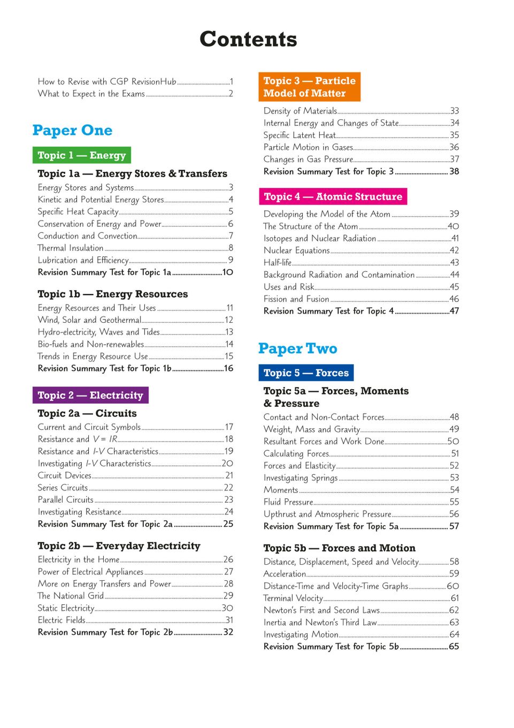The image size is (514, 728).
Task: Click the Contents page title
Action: point(248,40)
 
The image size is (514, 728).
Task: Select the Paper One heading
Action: point(72,130)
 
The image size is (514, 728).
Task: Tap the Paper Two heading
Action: point(297,348)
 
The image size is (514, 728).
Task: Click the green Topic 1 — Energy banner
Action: point(82,155)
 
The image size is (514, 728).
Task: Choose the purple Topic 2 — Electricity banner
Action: point(90,395)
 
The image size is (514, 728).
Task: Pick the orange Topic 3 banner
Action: point(309,87)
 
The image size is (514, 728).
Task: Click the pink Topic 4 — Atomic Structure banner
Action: point(333,196)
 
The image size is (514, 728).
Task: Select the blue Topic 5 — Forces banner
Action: point(306,373)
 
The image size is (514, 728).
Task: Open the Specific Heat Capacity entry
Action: point(78,211)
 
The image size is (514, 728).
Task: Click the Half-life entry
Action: point(278,262)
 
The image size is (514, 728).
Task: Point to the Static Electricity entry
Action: point(66,608)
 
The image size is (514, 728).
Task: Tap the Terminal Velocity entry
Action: point(293,598)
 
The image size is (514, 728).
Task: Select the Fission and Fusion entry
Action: point(296,299)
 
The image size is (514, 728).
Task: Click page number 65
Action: point(454,647)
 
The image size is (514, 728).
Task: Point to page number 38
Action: point(454,171)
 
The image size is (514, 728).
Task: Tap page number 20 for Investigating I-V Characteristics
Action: point(227,464)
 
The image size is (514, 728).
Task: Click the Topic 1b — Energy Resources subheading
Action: point(113,294)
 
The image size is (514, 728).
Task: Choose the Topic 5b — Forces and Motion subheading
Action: point(339,548)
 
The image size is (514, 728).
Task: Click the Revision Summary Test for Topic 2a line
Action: point(105,524)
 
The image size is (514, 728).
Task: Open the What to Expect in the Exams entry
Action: point(91,94)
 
